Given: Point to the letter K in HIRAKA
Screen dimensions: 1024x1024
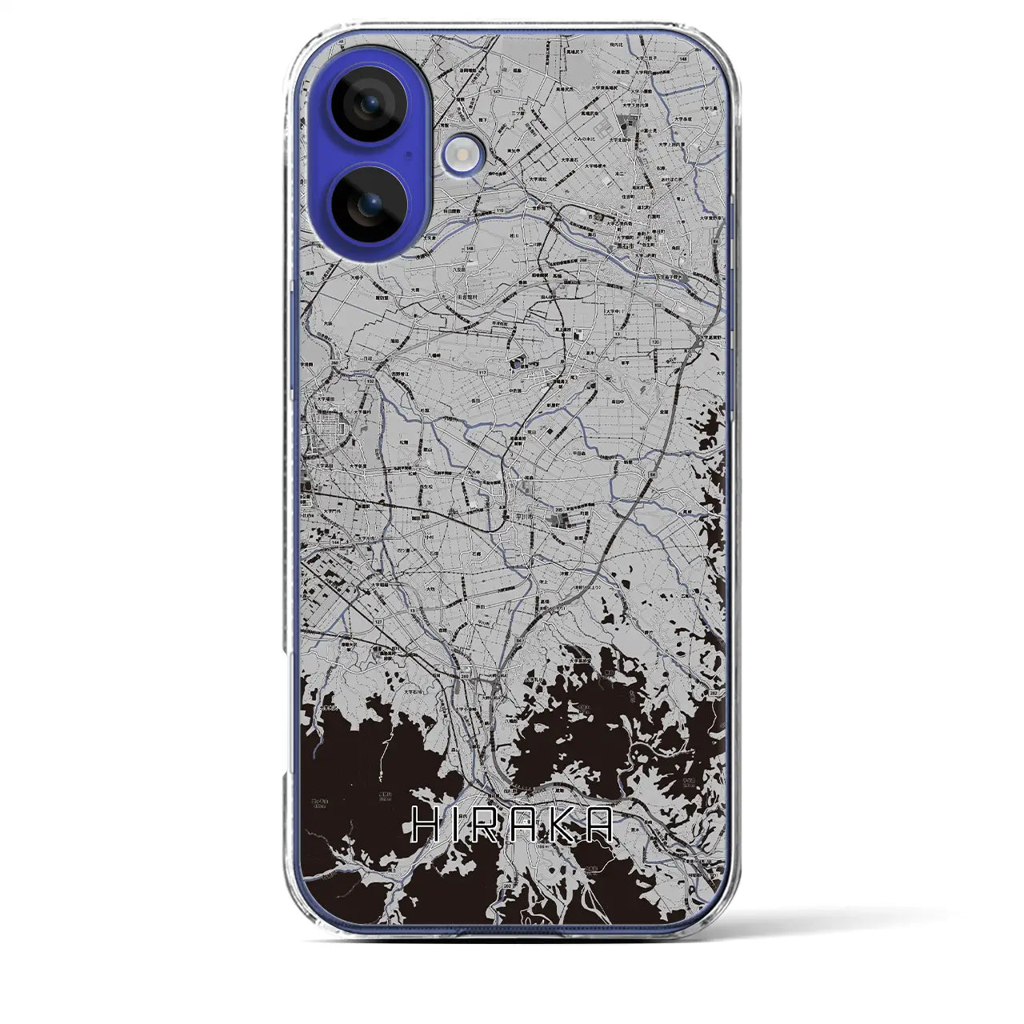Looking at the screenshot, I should click(565, 825).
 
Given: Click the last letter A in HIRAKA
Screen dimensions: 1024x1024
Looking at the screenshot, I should click(599, 825).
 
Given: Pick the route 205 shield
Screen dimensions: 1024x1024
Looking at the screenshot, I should click(558, 510).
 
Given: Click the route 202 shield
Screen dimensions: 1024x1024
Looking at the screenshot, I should click(507, 886).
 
